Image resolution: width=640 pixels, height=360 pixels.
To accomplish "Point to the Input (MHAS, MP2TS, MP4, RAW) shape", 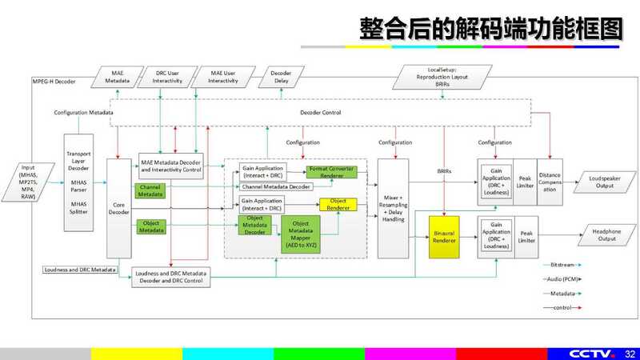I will point(28,183).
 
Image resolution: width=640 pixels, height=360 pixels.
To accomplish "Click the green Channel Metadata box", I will point(150,190).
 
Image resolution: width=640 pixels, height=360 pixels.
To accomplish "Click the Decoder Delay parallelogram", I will point(282,76).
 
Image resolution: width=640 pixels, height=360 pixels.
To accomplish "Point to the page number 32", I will point(630,353).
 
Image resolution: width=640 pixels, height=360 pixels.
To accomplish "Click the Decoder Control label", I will point(321,113).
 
